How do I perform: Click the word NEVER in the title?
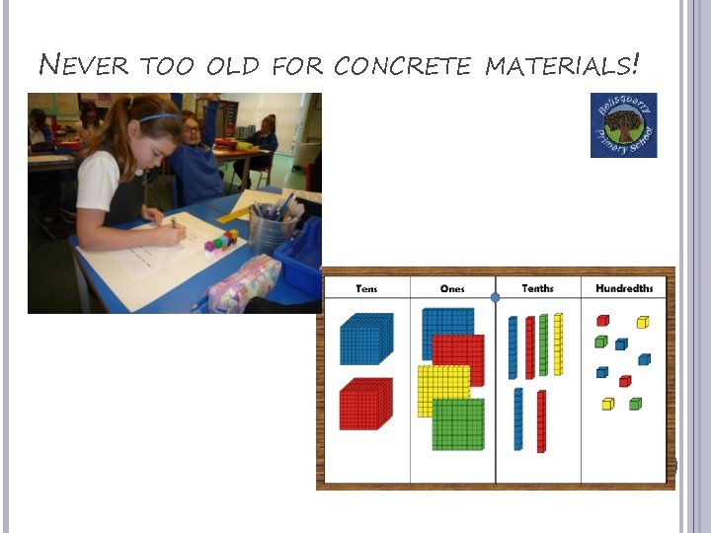click(84, 67)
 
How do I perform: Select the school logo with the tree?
click(623, 125)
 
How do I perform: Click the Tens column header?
click(366, 288)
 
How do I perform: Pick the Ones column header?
click(452, 288)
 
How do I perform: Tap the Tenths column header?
click(537, 288)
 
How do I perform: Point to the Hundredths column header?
click(624, 288)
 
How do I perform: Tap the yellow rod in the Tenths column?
click(559, 343)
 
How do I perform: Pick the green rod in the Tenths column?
click(543, 345)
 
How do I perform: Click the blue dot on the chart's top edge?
click(496, 296)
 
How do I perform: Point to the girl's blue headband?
click(158, 117)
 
